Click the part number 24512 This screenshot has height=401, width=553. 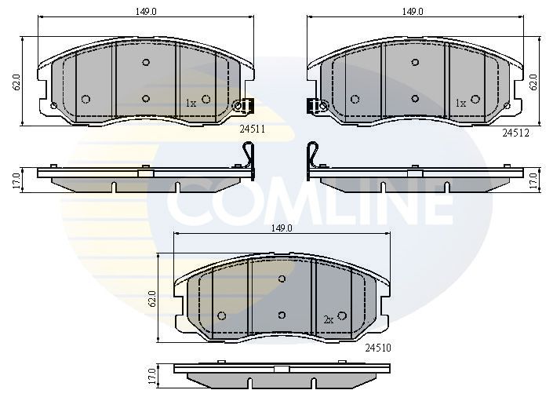516,133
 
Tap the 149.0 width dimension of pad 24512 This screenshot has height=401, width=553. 413,12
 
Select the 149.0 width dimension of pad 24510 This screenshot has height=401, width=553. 281,228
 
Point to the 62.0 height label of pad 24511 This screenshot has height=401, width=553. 16,81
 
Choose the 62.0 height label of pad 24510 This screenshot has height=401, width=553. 152,298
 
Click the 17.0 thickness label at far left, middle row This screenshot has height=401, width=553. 15,179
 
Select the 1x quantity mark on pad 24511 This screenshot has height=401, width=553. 191,103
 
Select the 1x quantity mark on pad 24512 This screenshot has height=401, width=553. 461,103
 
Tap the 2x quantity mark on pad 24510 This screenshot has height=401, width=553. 329,319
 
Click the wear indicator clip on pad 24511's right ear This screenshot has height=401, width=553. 244,104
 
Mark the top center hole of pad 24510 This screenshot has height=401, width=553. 282,278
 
